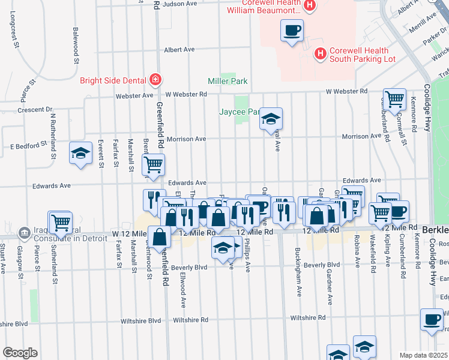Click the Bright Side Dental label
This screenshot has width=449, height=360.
coord(115,80)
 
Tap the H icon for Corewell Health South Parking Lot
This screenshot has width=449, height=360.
coord(321,54)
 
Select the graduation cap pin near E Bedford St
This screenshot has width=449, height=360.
coord(80,154)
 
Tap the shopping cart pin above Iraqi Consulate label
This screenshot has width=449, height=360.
coord(60,223)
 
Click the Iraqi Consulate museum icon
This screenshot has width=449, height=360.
coord(23,232)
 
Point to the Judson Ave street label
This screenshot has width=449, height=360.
coord(180,4)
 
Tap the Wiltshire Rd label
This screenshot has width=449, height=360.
coord(307,318)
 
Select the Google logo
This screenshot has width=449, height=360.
coord(20,353)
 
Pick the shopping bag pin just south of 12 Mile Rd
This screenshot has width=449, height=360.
coord(160,237)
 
